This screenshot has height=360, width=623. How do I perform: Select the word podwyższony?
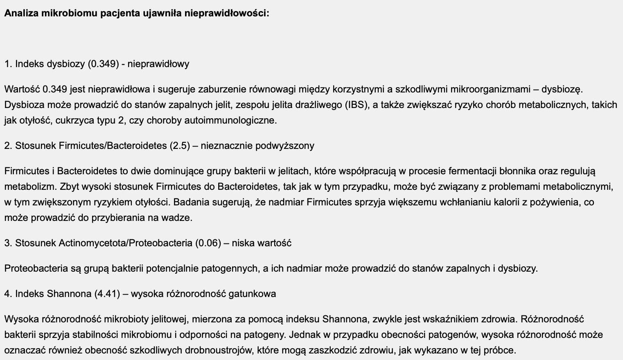tap(285, 146)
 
